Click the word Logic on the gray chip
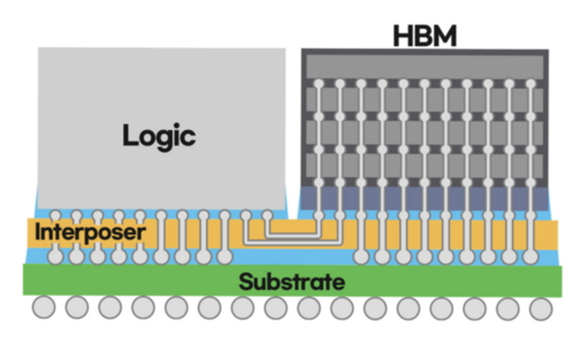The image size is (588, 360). (x=159, y=134)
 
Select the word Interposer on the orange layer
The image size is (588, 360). (x=90, y=234)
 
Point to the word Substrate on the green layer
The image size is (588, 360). (x=292, y=282)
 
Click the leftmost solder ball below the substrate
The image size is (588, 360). (x=43, y=308)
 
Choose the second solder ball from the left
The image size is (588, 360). (x=77, y=308)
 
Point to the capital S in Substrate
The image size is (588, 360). (x=246, y=282)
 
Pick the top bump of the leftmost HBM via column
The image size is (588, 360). (x=319, y=84)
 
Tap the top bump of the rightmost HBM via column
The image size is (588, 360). (x=529, y=84)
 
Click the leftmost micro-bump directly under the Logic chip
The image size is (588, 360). (x=56, y=215)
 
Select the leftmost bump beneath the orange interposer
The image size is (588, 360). (x=56, y=256)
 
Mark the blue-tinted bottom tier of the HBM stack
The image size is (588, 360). (x=425, y=197)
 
